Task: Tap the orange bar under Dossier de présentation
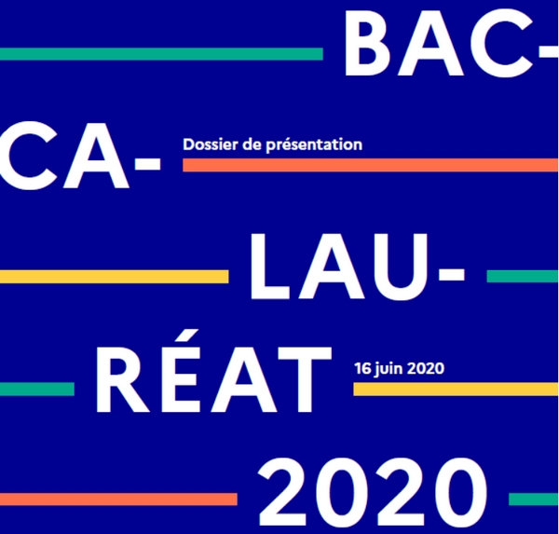(370, 165)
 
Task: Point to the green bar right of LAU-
(522, 276)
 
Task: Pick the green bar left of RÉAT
(37, 388)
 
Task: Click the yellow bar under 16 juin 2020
(455, 389)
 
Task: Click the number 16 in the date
(362, 367)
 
